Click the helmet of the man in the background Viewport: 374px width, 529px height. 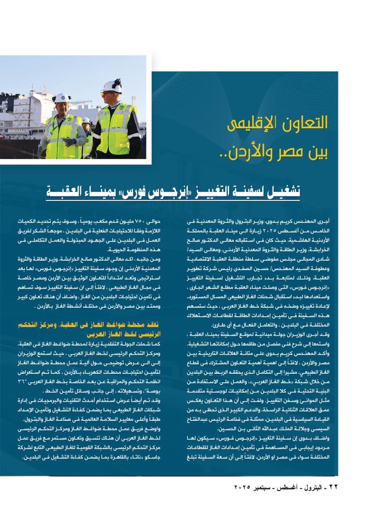86,120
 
